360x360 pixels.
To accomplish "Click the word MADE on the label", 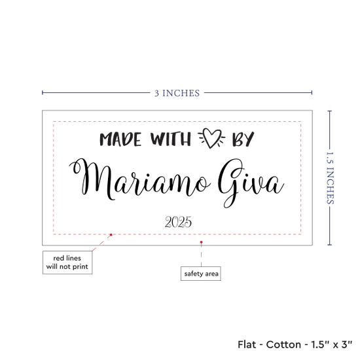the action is click(120, 139).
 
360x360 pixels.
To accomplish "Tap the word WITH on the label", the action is click(171, 139).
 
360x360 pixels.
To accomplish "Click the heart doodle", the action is click(211, 138).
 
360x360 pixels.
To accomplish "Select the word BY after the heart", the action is click(243, 139).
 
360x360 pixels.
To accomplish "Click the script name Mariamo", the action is click(139, 179).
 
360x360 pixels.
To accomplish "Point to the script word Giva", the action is click(251, 183).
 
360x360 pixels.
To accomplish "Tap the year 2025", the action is click(178, 222).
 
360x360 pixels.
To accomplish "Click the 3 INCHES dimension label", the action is click(177, 93).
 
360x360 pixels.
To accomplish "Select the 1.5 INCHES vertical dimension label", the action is click(330, 178).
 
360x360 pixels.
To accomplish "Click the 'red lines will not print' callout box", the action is click(67, 262).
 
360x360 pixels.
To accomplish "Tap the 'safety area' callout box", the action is click(201, 274).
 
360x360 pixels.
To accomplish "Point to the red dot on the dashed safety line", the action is click(111, 234).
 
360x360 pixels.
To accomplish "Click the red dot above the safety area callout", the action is click(201, 242).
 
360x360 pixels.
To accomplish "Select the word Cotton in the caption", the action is click(283, 344).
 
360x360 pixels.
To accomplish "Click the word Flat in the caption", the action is click(247, 344).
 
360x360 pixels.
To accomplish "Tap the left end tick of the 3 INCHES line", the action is click(43, 92).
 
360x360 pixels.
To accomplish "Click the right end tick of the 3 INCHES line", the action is click(312, 92).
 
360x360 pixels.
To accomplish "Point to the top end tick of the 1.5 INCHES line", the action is click(330, 111).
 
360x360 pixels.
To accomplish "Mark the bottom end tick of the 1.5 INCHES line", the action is click(330, 245).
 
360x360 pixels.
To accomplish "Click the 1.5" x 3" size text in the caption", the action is click(332, 344).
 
